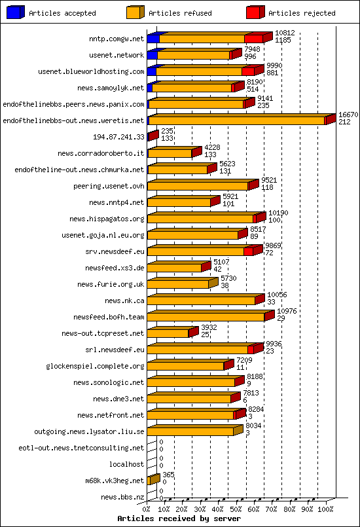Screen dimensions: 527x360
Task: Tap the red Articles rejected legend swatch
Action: coord(255,12)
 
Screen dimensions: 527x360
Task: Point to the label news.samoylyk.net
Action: coord(110,88)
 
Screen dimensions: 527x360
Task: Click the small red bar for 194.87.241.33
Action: coord(152,136)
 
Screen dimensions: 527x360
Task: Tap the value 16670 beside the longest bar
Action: coord(348,115)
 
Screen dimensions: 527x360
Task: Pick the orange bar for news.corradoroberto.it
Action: coord(170,153)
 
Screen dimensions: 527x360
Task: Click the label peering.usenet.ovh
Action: coord(109,186)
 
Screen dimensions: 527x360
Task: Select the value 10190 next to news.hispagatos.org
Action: coord(278,213)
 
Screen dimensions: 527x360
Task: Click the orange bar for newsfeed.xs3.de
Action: coord(174,268)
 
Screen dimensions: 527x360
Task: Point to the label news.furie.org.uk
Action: coord(110,284)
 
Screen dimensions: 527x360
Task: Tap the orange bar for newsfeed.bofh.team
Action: coord(206,317)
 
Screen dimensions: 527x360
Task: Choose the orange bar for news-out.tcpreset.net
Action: coord(168,333)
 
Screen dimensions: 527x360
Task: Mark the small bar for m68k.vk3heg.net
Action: coord(153,481)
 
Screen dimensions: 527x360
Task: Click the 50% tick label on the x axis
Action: coord(236,508)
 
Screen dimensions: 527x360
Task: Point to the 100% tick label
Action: coord(325,508)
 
